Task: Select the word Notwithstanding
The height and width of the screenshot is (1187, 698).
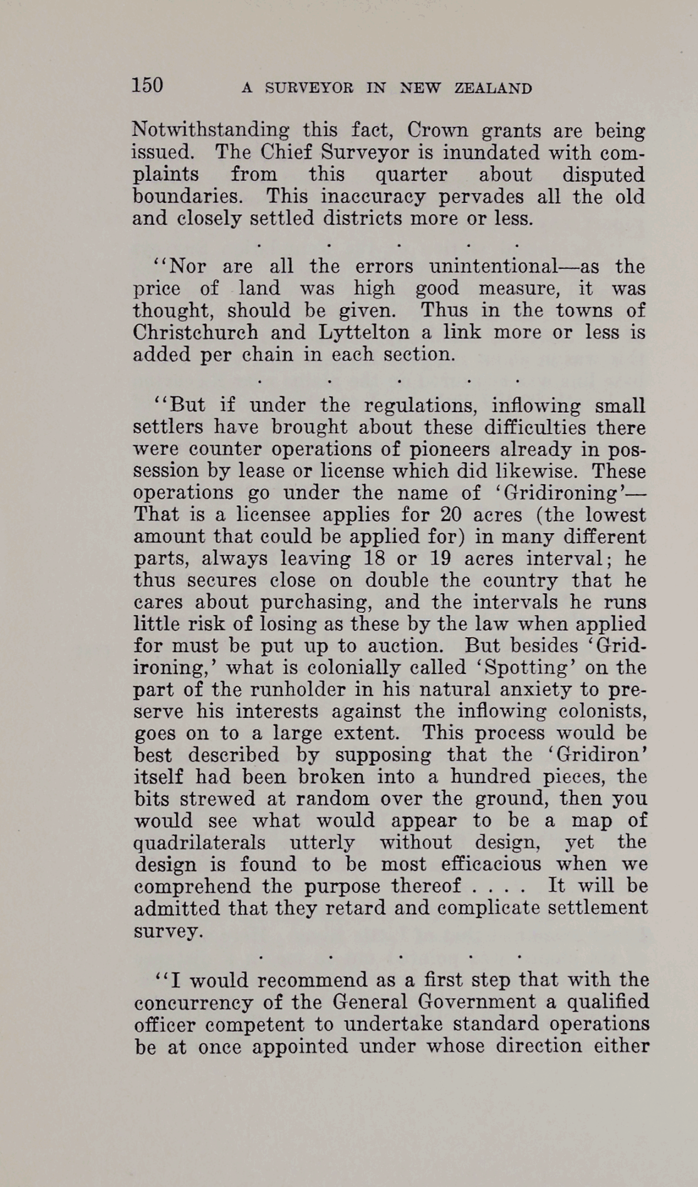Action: click(211, 132)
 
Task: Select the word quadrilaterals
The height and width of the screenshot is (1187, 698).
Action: click(200, 842)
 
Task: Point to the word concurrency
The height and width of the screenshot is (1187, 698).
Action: click(193, 1002)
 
